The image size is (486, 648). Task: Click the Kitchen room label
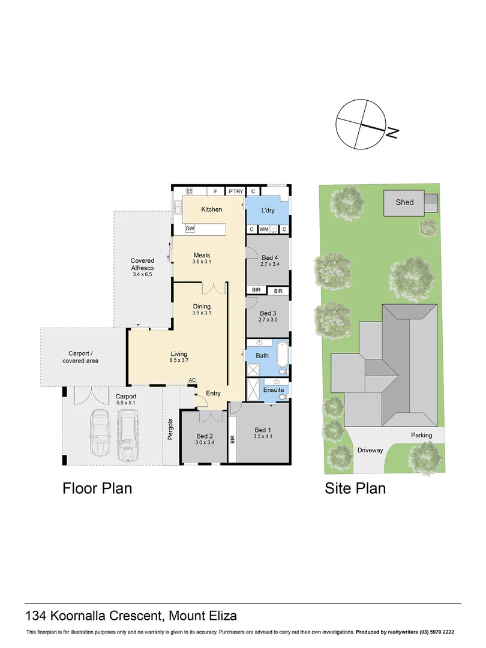click(x=211, y=209)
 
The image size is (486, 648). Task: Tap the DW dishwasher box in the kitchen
click(x=190, y=229)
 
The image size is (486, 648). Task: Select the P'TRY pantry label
click(x=235, y=191)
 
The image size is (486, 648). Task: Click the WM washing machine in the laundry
click(x=263, y=229)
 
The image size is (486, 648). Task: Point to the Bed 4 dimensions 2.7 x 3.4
click(x=270, y=264)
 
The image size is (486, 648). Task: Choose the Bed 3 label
click(x=268, y=313)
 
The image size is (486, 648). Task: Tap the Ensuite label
click(x=274, y=390)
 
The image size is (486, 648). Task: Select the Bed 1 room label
click(x=263, y=430)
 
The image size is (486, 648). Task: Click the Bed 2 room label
click(x=205, y=436)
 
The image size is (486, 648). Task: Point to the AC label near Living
click(x=192, y=380)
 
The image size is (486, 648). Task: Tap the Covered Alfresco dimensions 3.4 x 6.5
click(x=142, y=275)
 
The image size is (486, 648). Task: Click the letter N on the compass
click(x=392, y=133)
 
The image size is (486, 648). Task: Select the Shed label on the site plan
click(x=404, y=202)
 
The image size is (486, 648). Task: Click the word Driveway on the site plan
click(x=370, y=450)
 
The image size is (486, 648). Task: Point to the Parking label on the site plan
click(x=421, y=436)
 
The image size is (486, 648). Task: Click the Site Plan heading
click(x=355, y=488)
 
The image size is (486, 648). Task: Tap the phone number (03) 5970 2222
click(x=435, y=632)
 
